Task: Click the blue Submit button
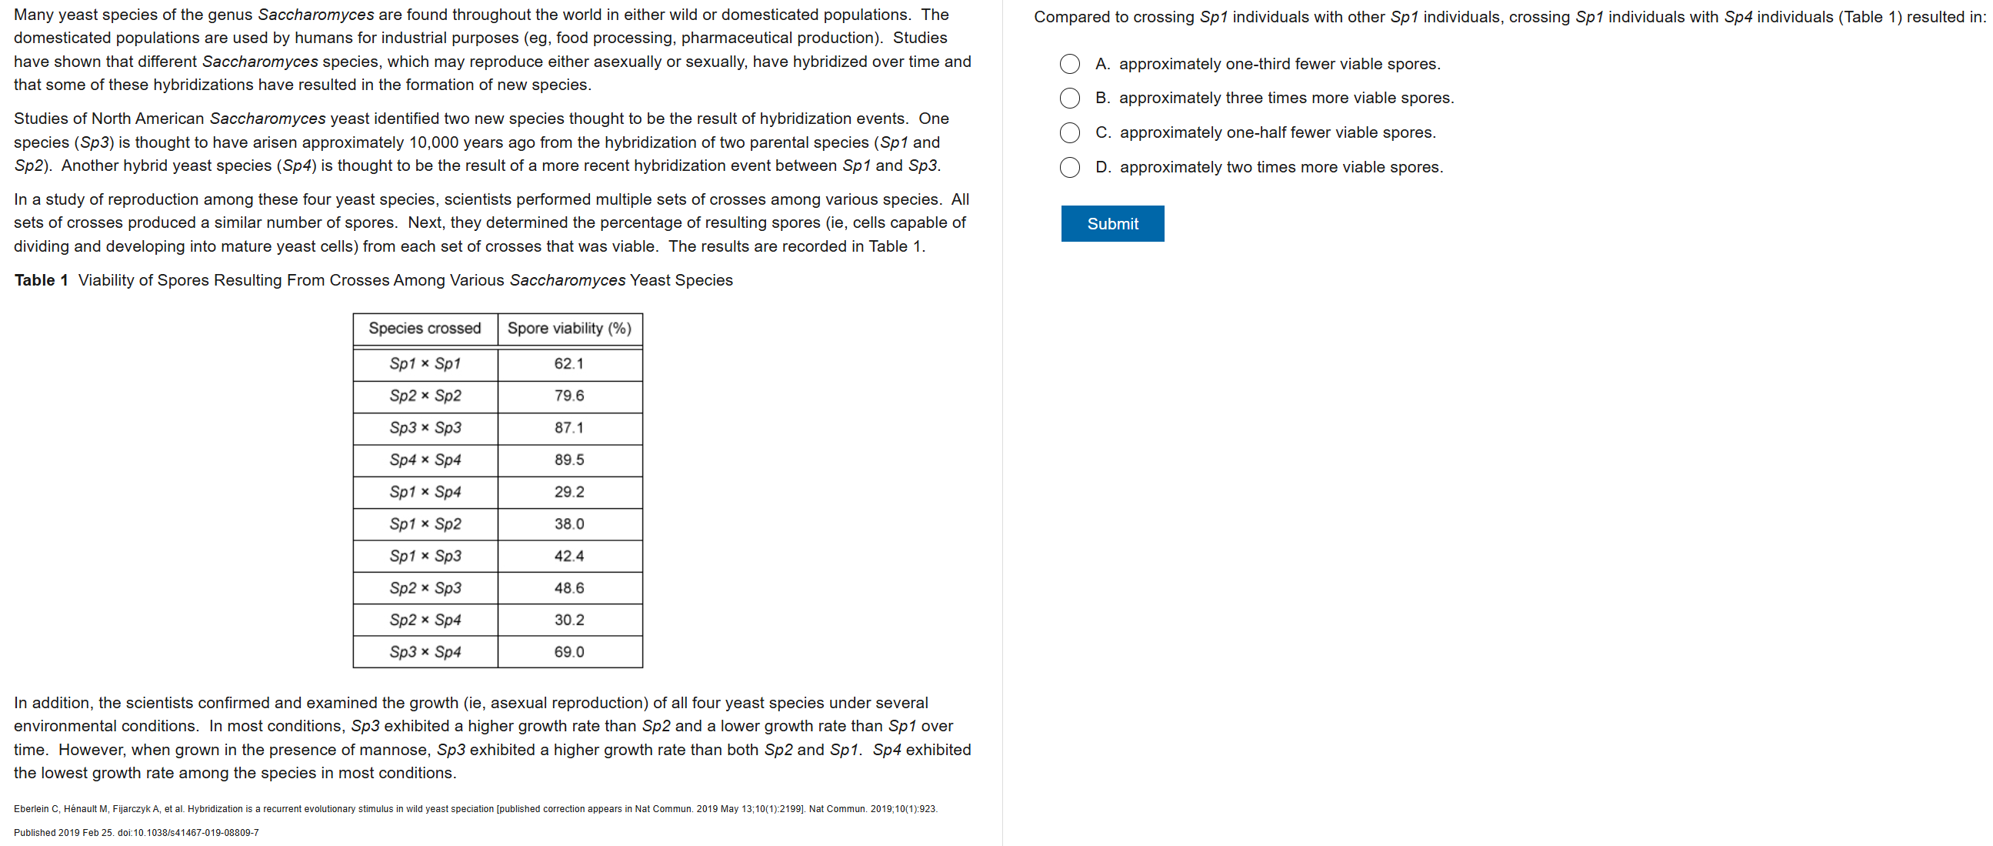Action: (1111, 224)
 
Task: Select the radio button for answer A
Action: (1069, 64)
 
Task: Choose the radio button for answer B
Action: (1069, 99)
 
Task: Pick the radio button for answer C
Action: (1069, 133)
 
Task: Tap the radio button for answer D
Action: (1069, 167)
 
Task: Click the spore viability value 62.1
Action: (568, 364)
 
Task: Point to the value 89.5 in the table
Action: (568, 460)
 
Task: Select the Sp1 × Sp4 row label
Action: (425, 492)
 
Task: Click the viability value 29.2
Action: (568, 492)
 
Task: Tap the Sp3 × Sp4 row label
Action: (425, 653)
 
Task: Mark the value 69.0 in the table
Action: (568, 653)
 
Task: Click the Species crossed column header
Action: (425, 328)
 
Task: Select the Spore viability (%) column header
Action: (568, 328)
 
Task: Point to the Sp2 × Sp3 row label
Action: (425, 588)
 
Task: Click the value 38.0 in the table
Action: (568, 524)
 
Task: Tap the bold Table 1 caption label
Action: (41, 280)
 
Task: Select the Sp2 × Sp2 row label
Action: (425, 396)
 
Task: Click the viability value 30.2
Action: (568, 620)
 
